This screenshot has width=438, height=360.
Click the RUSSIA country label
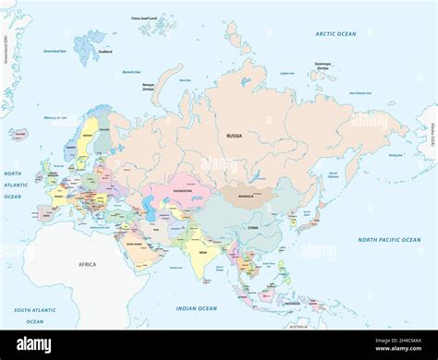click(x=235, y=136)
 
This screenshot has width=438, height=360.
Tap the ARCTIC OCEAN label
click(x=335, y=34)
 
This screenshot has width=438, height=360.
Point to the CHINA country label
click(x=251, y=225)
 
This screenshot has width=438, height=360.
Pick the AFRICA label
click(x=86, y=265)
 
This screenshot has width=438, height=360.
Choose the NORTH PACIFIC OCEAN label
click(x=389, y=240)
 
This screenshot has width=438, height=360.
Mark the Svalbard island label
click(x=104, y=52)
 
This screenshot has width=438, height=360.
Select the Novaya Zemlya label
click(x=148, y=87)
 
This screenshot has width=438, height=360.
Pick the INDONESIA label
click(x=291, y=303)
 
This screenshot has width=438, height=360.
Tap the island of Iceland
click(x=18, y=134)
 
